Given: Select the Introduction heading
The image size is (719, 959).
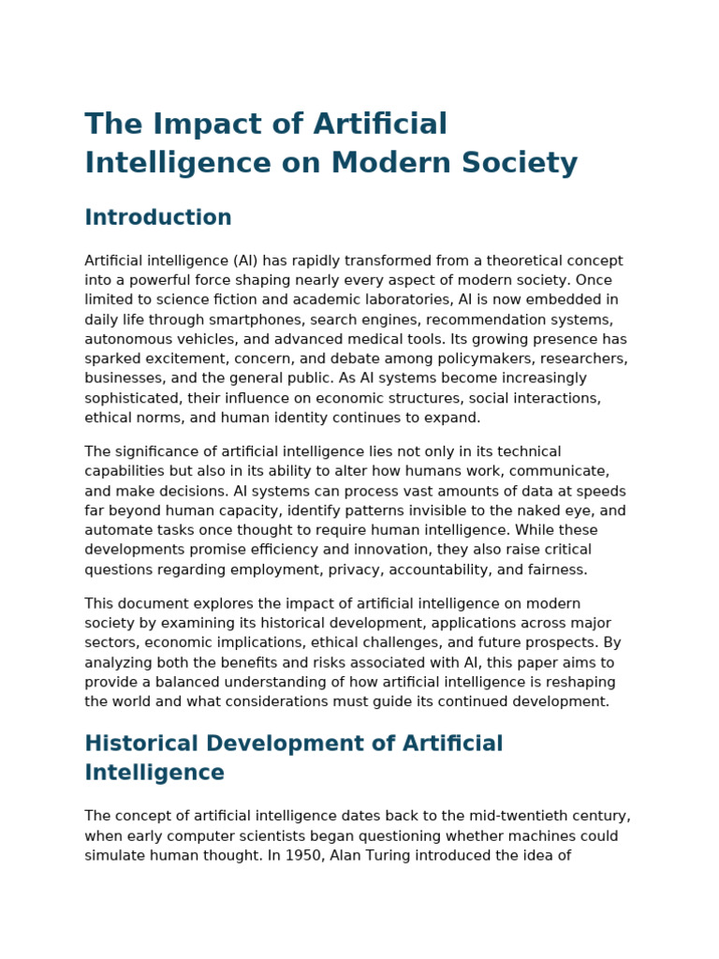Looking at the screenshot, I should pos(158,218).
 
